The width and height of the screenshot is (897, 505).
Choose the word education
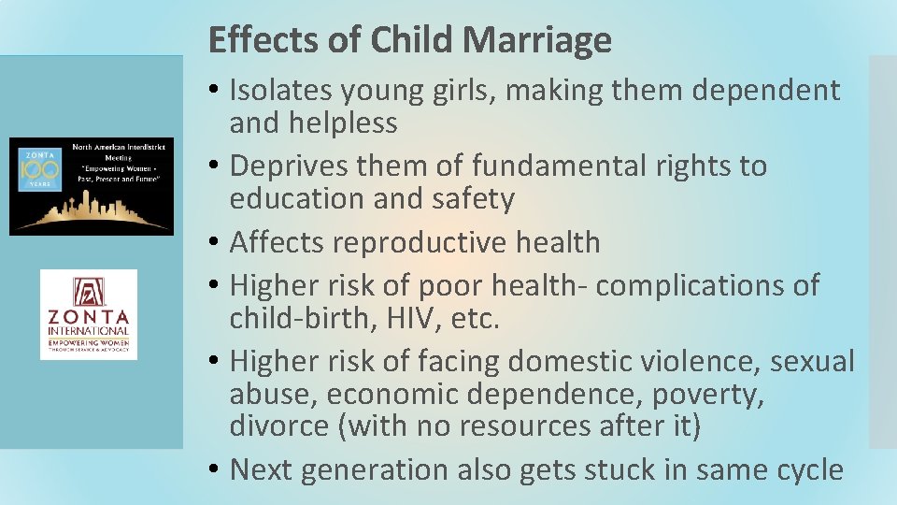296,199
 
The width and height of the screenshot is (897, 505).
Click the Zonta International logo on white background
89,314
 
